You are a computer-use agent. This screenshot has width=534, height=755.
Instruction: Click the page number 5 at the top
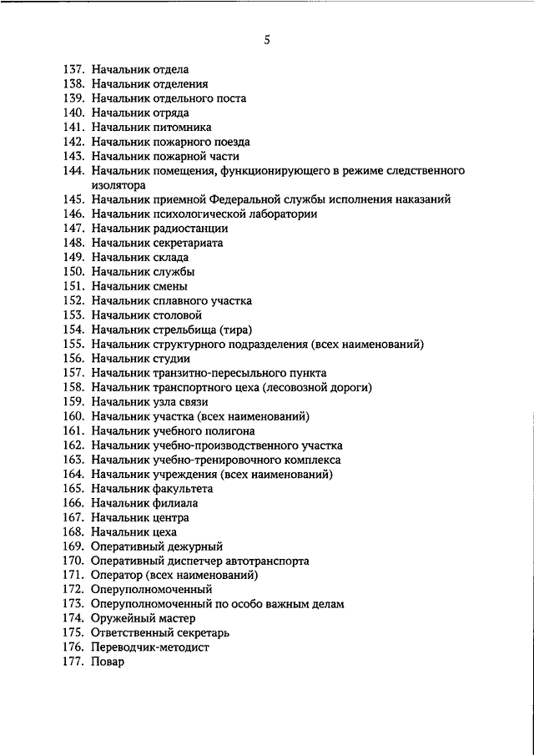pyautogui.click(x=266, y=38)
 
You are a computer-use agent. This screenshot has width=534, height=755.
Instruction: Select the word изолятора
pyautogui.click(x=120, y=185)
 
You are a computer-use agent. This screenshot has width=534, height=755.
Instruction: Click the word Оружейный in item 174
pyautogui.click(x=119, y=618)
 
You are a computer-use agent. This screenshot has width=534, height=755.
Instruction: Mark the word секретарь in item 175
pyautogui.click(x=194, y=633)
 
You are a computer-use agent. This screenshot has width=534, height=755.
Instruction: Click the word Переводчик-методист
pyautogui.click(x=150, y=647)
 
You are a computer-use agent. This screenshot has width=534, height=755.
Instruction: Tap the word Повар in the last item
pyautogui.click(x=108, y=662)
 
